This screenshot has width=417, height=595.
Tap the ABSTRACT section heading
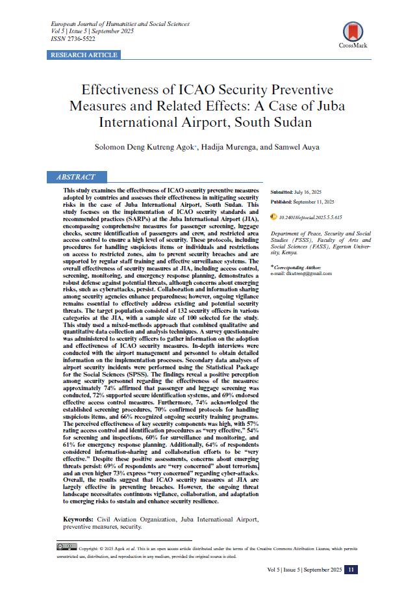click(76, 177)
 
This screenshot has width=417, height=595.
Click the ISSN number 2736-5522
click(79, 39)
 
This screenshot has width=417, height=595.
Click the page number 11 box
click(351, 570)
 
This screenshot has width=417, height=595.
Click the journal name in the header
click(120, 23)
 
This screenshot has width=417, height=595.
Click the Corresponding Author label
click(300, 267)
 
